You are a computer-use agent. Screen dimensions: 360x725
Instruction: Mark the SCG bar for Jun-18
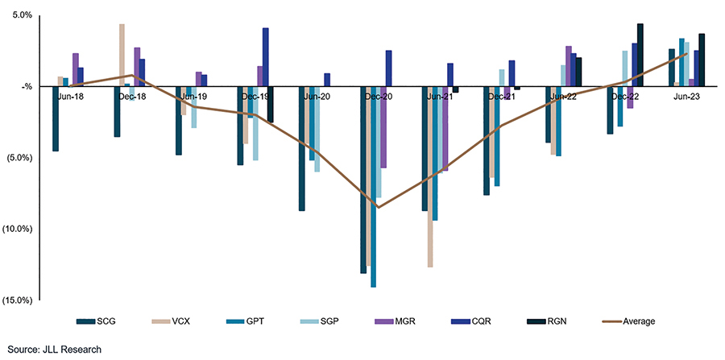[x=56, y=118]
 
